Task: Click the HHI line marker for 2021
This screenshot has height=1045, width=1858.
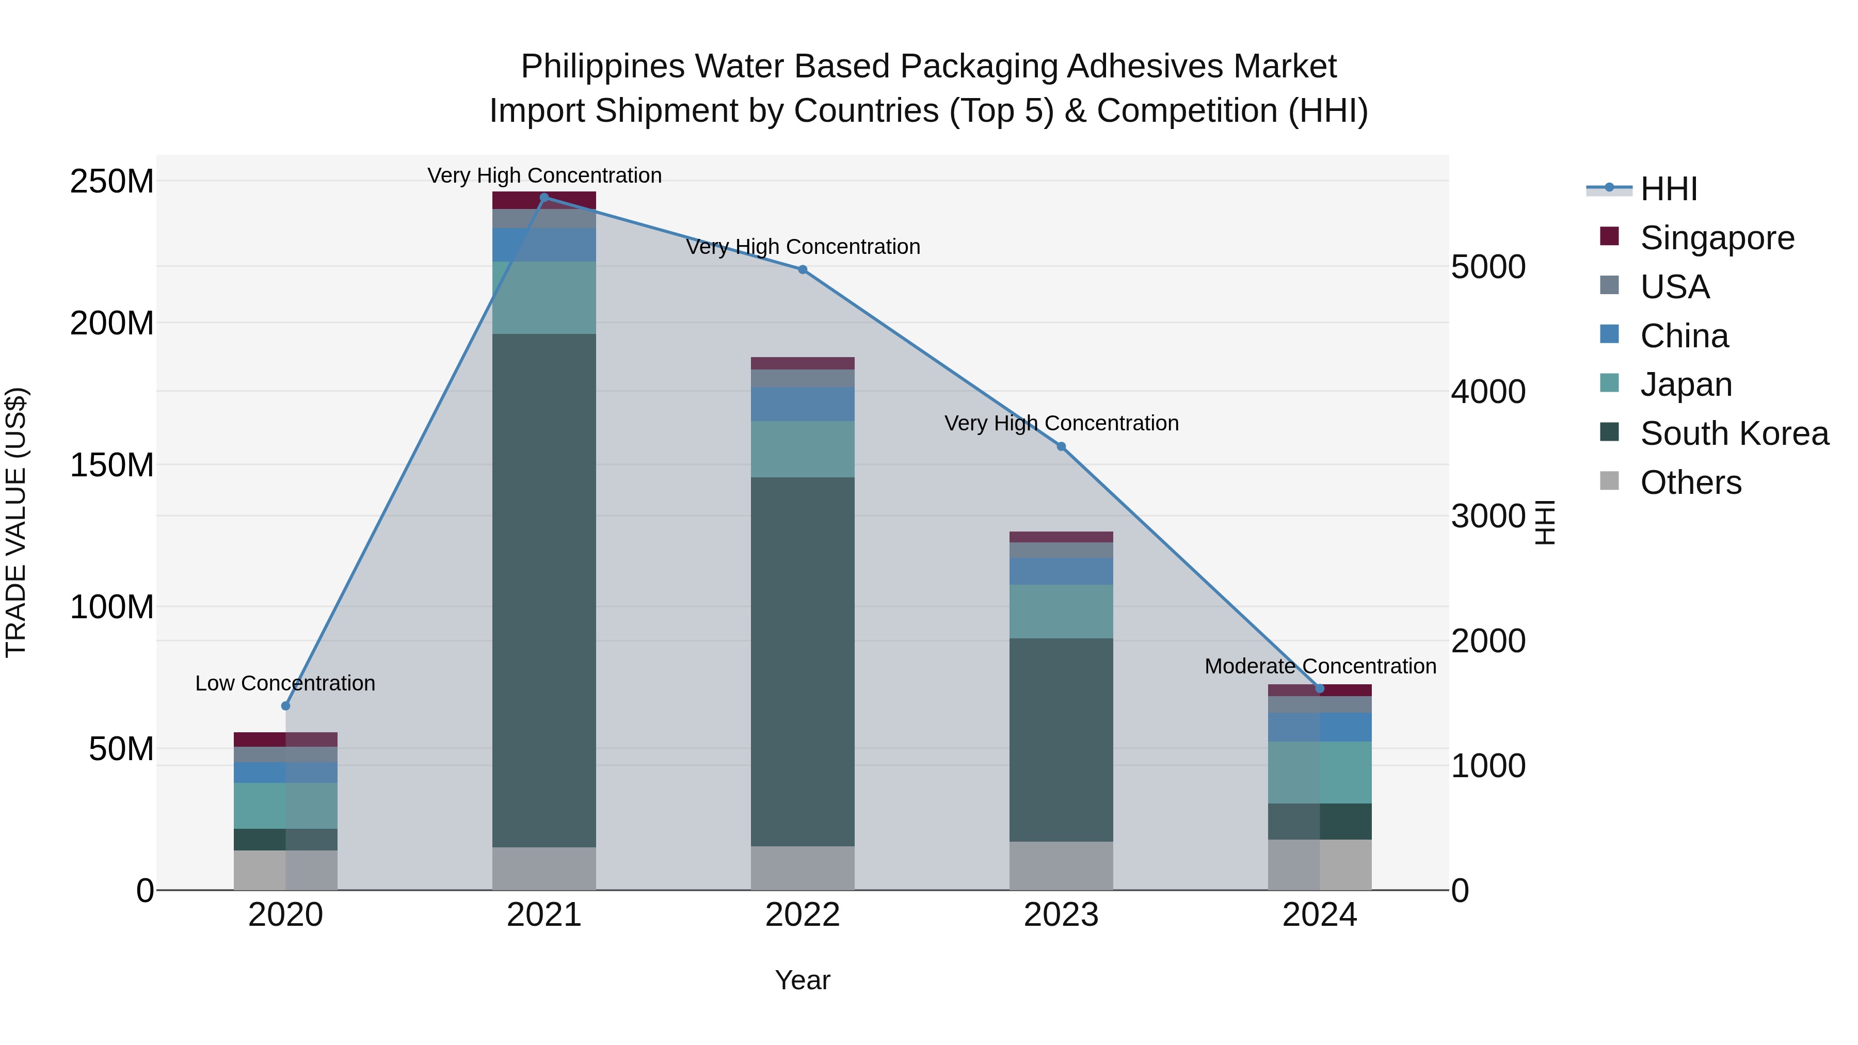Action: point(544,197)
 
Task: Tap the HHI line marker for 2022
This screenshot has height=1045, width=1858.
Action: point(803,270)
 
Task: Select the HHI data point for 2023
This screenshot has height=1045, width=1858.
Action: point(1061,446)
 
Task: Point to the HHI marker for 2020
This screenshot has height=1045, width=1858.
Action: point(285,705)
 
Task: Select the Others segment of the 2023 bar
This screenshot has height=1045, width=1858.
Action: point(1061,865)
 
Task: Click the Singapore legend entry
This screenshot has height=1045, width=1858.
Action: point(1717,238)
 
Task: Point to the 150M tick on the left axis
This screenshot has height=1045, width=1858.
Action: point(112,465)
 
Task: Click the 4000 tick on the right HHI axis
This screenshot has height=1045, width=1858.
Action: point(1488,392)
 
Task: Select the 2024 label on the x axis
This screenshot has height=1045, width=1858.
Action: point(1319,915)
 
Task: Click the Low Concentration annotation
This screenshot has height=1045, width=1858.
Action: point(285,683)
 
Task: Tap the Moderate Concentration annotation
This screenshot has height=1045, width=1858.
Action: point(1320,666)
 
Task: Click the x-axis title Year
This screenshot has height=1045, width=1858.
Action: point(802,980)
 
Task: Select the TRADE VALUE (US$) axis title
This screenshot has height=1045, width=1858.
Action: point(17,522)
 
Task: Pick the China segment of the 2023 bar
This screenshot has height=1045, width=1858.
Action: point(1061,570)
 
